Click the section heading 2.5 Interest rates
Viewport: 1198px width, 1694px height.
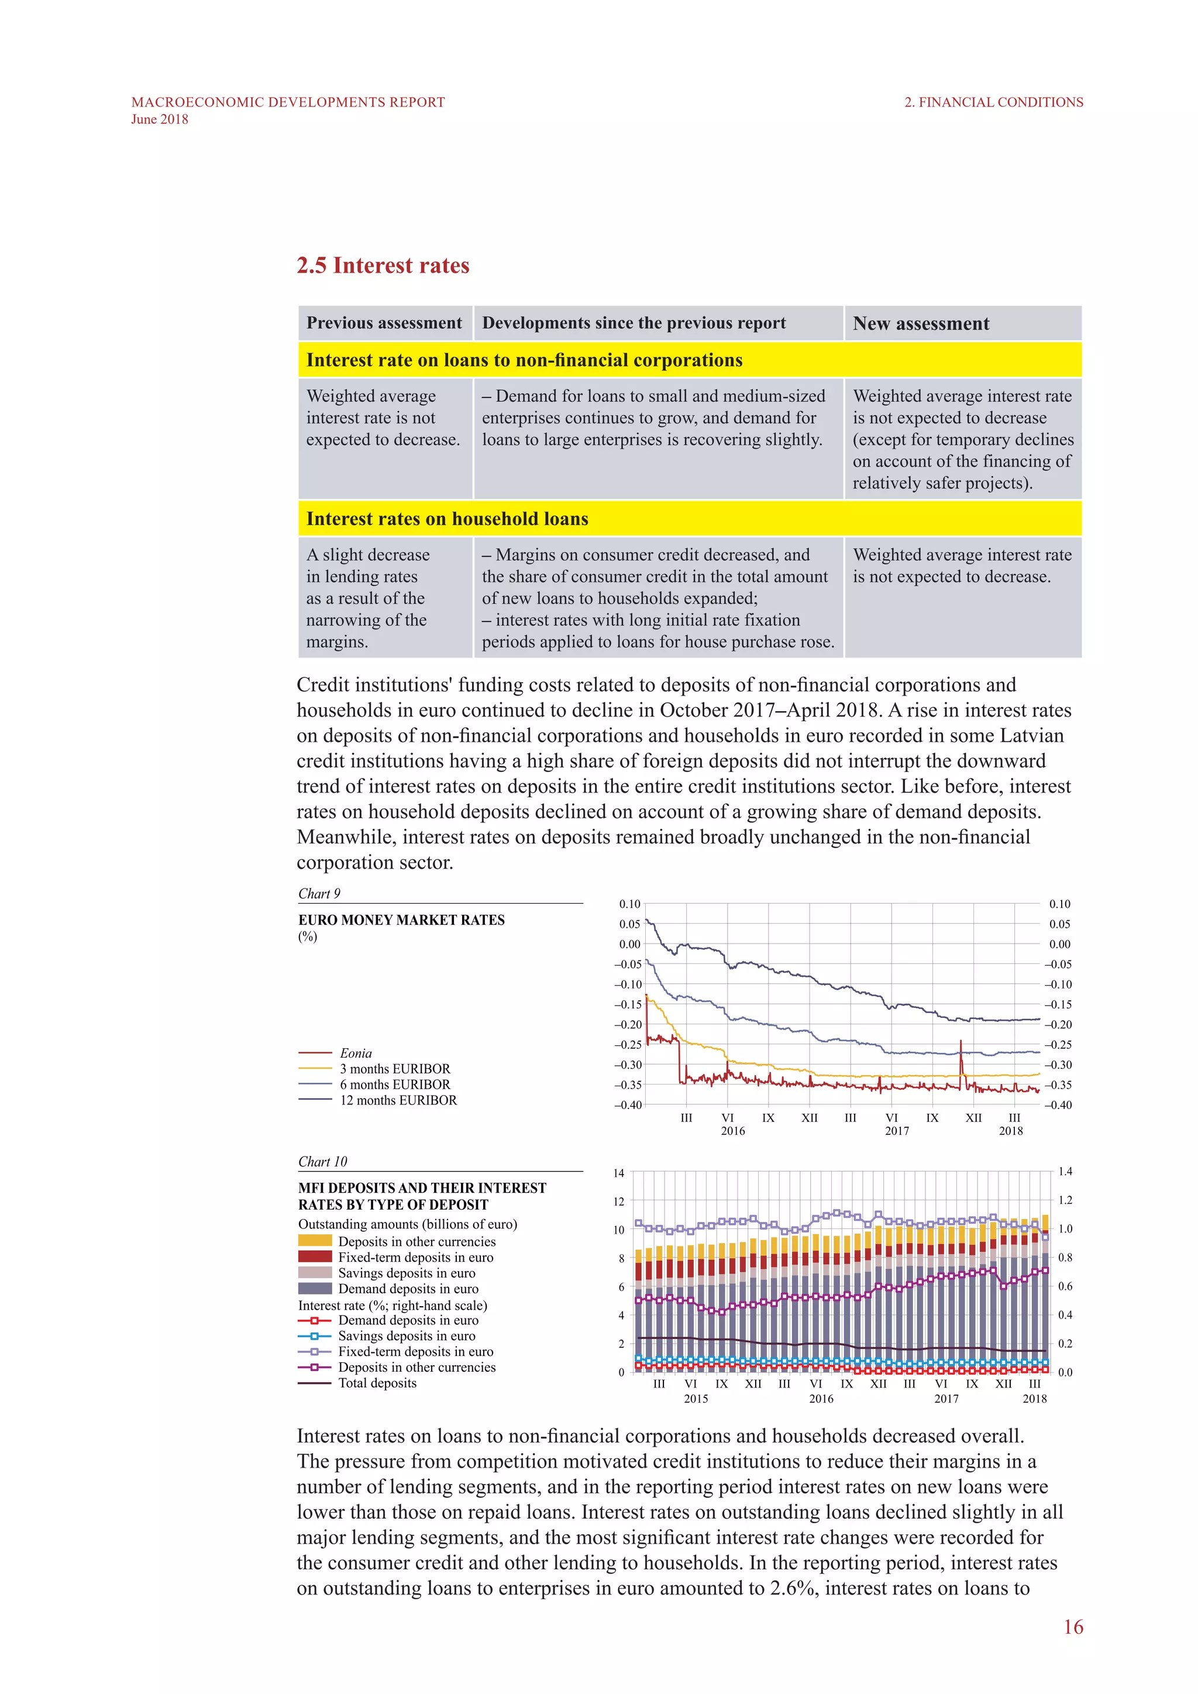pyautogui.click(x=383, y=266)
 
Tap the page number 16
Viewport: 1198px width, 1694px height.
pyautogui.click(x=1073, y=1627)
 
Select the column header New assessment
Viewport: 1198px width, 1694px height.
pyautogui.click(x=921, y=324)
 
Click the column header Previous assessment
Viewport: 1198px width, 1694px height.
pyautogui.click(x=384, y=323)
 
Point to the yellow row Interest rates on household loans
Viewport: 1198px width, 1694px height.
pyautogui.click(x=447, y=519)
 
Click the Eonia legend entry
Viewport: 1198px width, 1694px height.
pyautogui.click(x=356, y=1053)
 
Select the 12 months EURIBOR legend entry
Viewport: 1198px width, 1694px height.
pyautogui.click(x=398, y=1100)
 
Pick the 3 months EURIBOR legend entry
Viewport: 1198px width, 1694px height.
pyautogui.click(x=395, y=1069)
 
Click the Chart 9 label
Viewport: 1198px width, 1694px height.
pyautogui.click(x=319, y=893)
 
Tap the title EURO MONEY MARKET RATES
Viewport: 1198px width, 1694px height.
pyautogui.click(x=401, y=920)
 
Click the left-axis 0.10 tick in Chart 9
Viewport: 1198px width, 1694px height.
pyautogui.click(x=629, y=904)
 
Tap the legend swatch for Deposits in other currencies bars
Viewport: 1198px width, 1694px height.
pyautogui.click(x=315, y=1241)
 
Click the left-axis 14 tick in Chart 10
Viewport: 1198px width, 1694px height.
pyautogui.click(x=618, y=1173)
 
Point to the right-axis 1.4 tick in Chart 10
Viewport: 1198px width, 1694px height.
pyautogui.click(x=1065, y=1172)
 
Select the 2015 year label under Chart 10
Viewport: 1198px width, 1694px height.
pyautogui.click(x=696, y=1398)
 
